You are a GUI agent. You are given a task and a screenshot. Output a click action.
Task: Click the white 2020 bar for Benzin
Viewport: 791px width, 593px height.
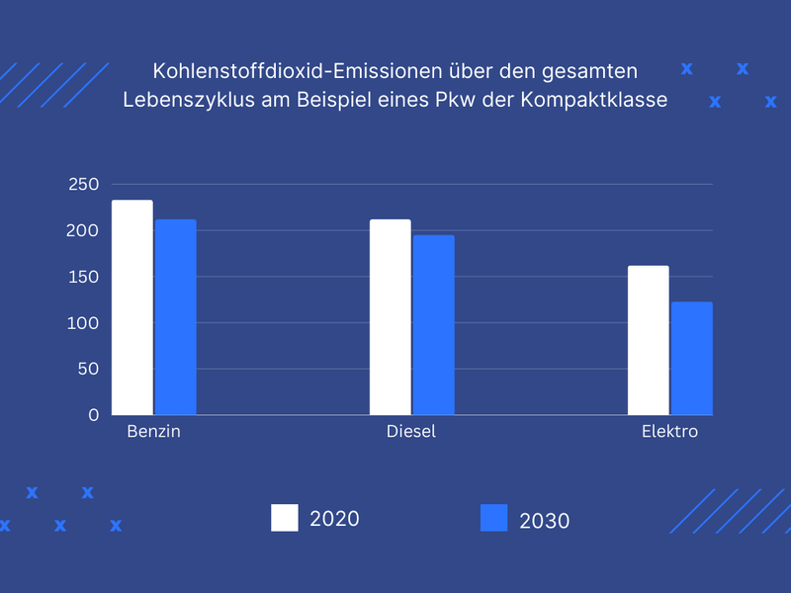pos(132,307)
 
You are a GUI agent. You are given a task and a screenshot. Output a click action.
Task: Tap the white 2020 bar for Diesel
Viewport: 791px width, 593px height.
pos(390,317)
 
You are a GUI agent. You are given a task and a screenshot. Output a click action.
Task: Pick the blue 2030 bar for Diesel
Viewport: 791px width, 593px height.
pos(433,325)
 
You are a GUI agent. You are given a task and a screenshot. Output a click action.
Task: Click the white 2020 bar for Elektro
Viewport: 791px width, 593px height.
pos(649,340)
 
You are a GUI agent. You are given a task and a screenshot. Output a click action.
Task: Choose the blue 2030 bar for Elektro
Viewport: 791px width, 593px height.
pos(692,359)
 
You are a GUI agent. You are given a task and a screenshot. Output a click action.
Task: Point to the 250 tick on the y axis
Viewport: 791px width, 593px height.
pos(84,185)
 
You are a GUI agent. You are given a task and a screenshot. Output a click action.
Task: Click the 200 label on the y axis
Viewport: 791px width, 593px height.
pos(84,231)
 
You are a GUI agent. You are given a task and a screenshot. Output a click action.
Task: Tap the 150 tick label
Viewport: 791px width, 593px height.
pos(84,277)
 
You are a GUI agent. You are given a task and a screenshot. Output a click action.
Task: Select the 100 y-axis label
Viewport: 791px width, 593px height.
pos(84,323)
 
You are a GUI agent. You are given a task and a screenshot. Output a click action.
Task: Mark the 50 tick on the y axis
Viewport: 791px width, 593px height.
pos(89,369)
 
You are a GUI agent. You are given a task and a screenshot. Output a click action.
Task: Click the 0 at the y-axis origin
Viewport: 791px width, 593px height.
pos(94,415)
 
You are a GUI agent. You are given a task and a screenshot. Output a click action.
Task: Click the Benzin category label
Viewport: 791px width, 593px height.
pos(153,433)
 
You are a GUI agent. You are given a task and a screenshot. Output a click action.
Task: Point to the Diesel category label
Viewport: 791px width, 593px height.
pos(411,433)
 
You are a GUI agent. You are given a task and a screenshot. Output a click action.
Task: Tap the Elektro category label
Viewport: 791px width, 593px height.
pos(669,433)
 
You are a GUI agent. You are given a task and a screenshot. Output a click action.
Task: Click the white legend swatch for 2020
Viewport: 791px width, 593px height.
pos(285,518)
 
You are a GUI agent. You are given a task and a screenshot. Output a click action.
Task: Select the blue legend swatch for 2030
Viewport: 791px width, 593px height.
pos(493,518)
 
